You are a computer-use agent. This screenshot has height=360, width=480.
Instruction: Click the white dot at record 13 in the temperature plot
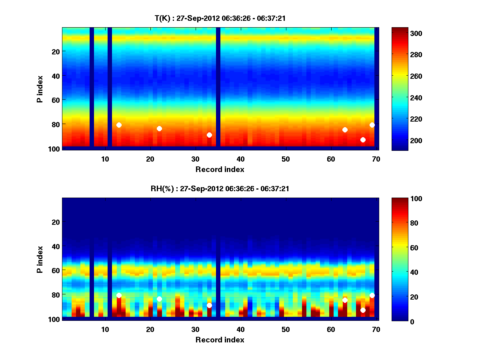pyautogui.click(x=119, y=125)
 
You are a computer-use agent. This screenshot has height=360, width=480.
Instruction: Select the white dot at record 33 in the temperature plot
pyautogui.click(x=209, y=135)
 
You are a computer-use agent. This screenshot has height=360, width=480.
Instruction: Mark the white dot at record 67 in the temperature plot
pyautogui.click(x=363, y=140)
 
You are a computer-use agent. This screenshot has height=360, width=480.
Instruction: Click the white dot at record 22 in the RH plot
pyautogui.click(x=159, y=299)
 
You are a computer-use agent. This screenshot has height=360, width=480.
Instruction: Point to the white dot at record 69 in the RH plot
pyautogui.click(x=372, y=295)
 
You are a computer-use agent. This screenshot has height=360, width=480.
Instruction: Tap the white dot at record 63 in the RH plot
pyautogui.click(x=345, y=300)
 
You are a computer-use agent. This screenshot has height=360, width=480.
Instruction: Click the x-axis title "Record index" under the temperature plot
pyautogui.click(x=220, y=169)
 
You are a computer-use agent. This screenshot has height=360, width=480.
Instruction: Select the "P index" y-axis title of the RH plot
pyautogui.click(x=40, y=260)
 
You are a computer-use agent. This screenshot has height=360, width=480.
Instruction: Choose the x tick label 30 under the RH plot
pyautogui.click(x=195, y=329)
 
